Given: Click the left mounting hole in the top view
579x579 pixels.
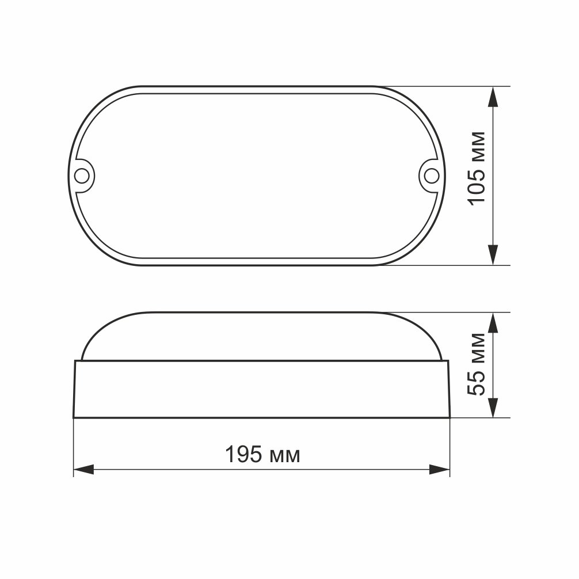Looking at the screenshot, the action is [82, 176].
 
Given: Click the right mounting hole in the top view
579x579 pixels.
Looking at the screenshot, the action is [431, 176].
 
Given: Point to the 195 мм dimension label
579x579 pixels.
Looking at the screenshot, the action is [262, 454].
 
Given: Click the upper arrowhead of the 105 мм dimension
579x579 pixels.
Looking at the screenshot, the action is [493, 97].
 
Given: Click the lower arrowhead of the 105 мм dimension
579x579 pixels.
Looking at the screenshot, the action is [493, 255].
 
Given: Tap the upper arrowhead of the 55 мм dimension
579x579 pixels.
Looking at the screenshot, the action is [493, 323].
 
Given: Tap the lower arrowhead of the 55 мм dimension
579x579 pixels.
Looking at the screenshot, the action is [493, 407].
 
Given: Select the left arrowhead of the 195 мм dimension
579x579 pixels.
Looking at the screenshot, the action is [84, 470].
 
